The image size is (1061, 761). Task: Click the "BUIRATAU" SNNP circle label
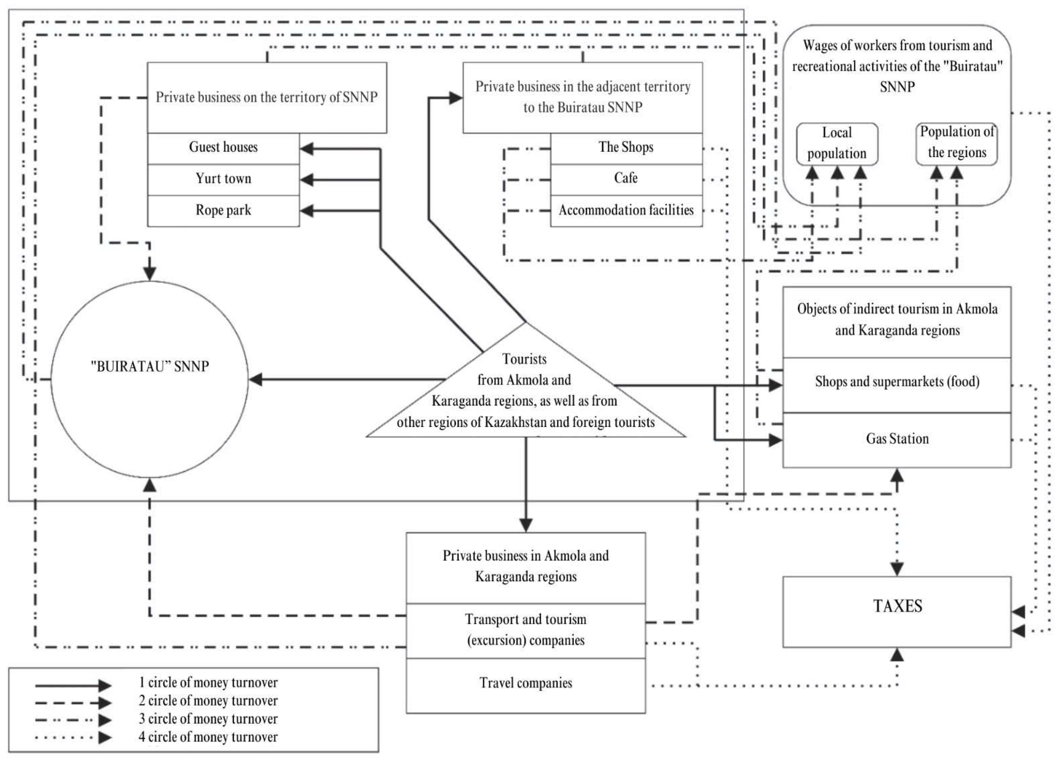150,366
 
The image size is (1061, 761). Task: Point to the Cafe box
626,178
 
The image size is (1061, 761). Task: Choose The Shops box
626,147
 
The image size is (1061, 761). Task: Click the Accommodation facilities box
626,210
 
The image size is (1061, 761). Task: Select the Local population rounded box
837,144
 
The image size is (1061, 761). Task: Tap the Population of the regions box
957,143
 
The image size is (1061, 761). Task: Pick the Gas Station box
897,439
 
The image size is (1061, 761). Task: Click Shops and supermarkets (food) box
897,382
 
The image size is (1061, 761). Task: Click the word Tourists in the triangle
525,359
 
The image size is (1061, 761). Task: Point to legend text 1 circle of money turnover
208,683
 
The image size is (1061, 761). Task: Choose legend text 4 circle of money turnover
208,738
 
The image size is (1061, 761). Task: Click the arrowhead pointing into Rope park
307,211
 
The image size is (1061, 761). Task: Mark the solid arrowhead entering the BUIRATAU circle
256,379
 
